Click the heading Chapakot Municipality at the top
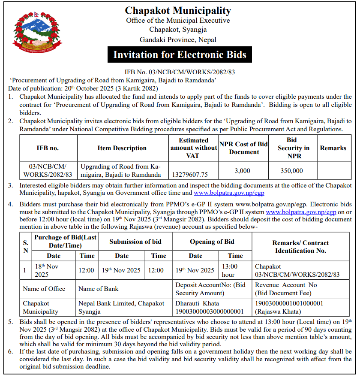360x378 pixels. [177, 11]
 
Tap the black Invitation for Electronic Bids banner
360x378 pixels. [180, 54]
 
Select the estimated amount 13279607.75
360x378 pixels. [189, 175]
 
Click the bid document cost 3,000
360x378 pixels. [243, 170]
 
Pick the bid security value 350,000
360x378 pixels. [292, 170]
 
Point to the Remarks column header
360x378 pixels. [333, 148]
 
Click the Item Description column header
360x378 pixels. [122, 148]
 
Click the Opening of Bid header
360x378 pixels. [212, 242]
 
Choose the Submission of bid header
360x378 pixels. [135, 242]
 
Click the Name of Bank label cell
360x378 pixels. [99, 289]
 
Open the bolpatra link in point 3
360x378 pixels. [229, 193]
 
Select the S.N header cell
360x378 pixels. [26, 246]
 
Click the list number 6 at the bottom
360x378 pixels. [11, 351]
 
